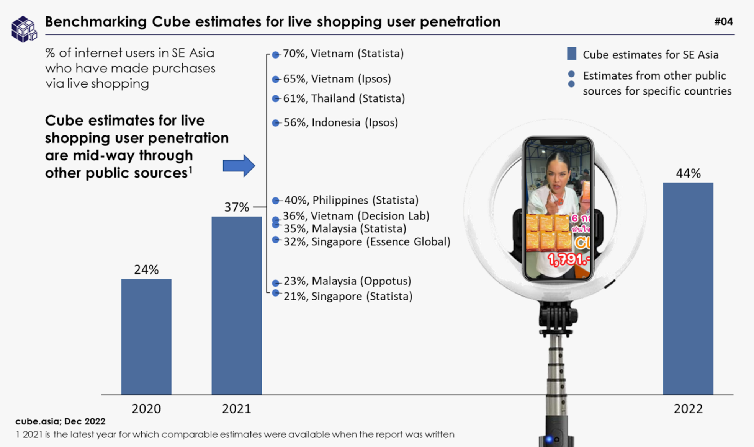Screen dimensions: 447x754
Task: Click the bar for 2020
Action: point(146,336)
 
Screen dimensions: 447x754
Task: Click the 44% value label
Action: point(688,173)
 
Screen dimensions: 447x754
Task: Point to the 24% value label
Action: point(146,270)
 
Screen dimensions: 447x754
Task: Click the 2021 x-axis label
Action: point(236,409)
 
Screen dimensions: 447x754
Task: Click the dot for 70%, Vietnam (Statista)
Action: point(275,55)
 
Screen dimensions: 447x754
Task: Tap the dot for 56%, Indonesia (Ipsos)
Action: point(275,123)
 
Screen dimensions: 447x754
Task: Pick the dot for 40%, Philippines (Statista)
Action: point(275,201)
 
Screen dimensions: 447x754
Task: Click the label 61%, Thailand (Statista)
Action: point(344,99)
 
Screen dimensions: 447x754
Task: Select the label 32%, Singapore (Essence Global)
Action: point(366,242)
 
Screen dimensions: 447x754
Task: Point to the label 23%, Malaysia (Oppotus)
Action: point(347,281)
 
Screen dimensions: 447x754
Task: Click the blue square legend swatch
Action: point(571,54)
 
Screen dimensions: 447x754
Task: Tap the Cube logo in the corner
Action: point(24,29)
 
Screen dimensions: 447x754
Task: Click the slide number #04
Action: point(723,22)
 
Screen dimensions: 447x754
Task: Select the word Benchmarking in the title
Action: point(96,22)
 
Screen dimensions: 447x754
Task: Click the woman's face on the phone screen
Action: point(558,176)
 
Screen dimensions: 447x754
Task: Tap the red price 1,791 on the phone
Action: point(569,260)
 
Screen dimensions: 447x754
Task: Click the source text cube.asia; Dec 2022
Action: point(60,421)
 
